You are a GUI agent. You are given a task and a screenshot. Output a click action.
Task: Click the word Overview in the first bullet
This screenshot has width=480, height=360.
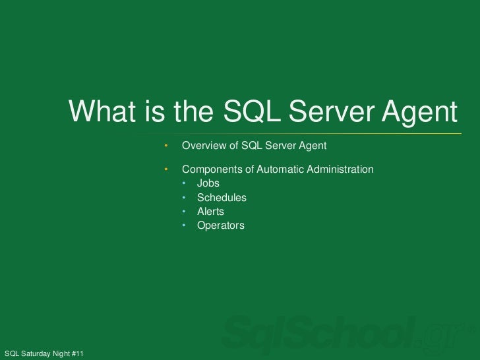click(x=204, y=145)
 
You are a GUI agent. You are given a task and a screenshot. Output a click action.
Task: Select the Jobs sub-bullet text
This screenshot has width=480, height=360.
click(x=208, y=183)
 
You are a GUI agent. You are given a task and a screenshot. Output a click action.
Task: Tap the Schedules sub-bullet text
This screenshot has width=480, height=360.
click(x=222, y=198)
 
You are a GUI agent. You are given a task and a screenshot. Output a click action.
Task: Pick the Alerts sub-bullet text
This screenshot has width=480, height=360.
click(x=210, y=212)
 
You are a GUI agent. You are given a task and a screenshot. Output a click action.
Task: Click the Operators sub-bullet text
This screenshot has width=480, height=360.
click(x=220, y=225)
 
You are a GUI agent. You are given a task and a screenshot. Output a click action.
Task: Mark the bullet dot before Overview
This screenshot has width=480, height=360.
click(x=167, y=145)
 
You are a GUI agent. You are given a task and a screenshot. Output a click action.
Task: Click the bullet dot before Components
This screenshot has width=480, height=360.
click(x=167, y=169)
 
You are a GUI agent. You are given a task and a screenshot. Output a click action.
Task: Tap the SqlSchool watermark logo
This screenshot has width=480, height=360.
click(x=343, y=335)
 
